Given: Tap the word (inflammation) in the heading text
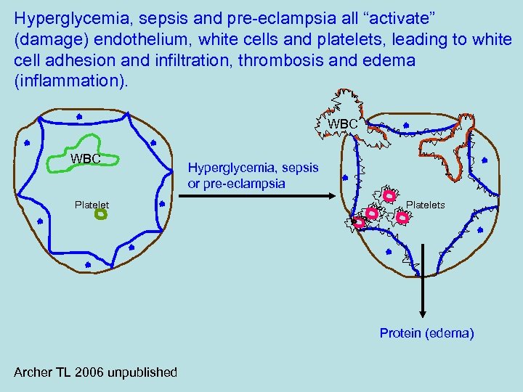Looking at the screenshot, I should pyautogui.click(x=70, y=82).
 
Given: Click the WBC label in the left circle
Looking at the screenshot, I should pyautogui.click(x=85, y=158).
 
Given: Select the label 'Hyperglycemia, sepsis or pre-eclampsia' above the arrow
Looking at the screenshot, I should pyautogui.click(x=253, y=175).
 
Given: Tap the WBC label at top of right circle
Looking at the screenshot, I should pyautogui.click(x=343, y=124).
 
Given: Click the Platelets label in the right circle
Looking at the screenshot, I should pyautogui.click(x=426, y=205).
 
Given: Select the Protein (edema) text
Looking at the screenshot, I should pyautogui.click(x=426, y=333).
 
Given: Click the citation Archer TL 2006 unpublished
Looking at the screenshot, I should pyautogui.click(x=95, y=372).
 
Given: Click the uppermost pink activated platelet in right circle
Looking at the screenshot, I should pyautogui.click(x=389, y=195).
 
